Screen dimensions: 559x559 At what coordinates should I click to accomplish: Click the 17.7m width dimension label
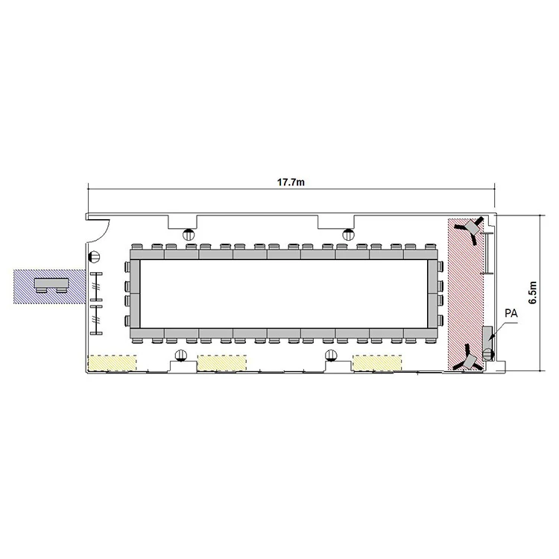point(291,183)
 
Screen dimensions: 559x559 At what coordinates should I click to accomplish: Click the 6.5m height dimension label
point(533,292)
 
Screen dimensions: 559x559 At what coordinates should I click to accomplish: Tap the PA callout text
point(511,313)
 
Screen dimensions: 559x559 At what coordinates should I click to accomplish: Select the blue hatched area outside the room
point(49,287)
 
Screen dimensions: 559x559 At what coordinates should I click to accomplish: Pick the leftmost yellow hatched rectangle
point(112,362)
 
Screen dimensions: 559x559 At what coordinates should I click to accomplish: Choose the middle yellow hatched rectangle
point(222,362)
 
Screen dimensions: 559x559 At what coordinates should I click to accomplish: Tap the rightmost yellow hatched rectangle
point(377,362)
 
